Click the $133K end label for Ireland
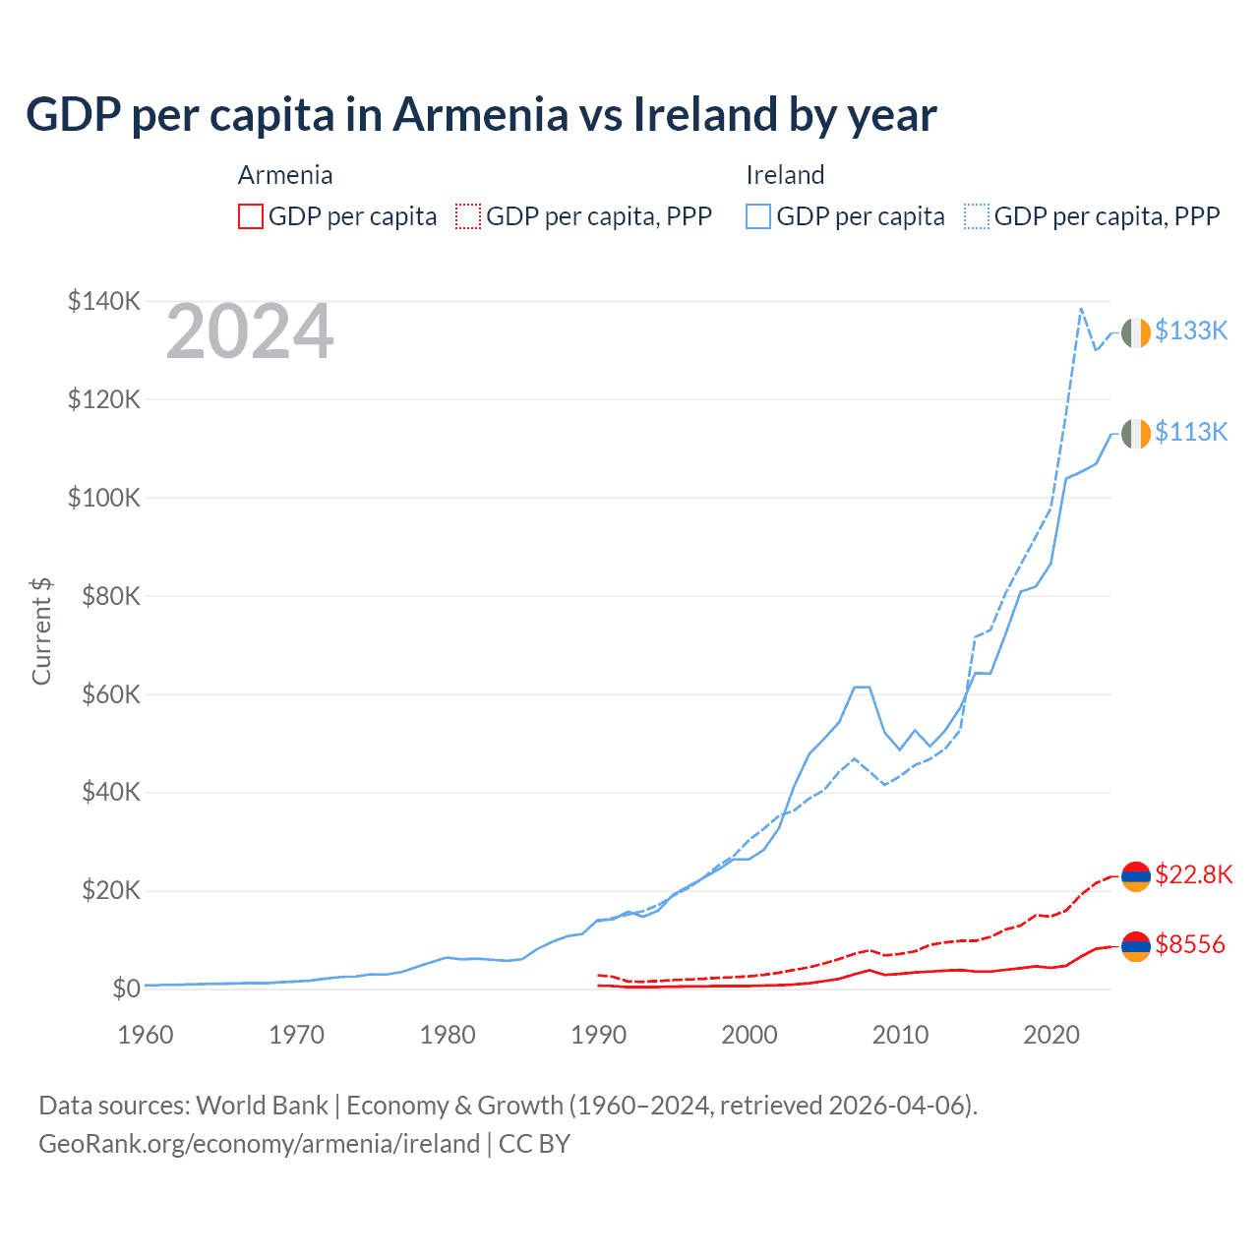point(1191,330)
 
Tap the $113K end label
point(1191,432)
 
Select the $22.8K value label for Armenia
point(1193,874)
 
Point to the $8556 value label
point(1190,944)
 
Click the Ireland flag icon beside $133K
point(1136,332)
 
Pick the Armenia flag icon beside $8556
point(1136,946)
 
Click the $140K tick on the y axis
point(104,301)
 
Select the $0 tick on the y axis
point(126,989)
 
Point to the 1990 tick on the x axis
point(598,1035)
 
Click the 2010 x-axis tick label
point(900,1035)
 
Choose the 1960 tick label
point(146,1035)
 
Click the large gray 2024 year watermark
point(250,332)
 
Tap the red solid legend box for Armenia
point(251,216)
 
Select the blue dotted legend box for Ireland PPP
point(976,216)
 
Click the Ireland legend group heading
point(785,175)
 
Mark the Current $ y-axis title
point(41,630)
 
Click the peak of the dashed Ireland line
point(1081,309)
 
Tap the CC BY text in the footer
point(534,1144)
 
